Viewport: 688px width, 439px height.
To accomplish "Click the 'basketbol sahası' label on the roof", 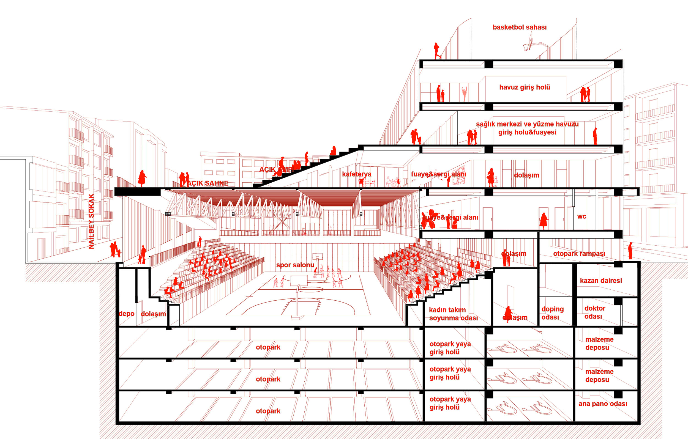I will [x=519, y=28].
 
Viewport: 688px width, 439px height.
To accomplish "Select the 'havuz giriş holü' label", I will [x=525, y=87].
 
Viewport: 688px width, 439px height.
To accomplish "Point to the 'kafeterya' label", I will [x=357, y=174].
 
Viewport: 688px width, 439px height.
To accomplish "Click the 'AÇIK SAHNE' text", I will [x=208, y=183].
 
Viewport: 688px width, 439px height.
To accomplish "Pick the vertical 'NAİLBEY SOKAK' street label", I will [x=91, y=221].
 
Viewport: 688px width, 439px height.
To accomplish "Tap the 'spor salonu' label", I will [x=295, y=265].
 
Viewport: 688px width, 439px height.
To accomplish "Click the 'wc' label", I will [x=581, y=216].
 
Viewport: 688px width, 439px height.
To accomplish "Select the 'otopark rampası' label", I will [x=579, y=253].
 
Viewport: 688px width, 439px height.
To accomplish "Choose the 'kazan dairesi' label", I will [x=601, y=281].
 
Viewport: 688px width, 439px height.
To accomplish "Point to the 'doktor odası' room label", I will [x=595, y=312].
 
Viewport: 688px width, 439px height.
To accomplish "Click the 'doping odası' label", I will [x=552, y=313].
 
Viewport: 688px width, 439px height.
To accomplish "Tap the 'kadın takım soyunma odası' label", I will [x=453, y=314].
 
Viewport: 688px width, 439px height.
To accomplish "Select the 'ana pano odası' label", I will [x=603, y=404].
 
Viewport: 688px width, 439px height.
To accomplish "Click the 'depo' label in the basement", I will [x=126, y=314].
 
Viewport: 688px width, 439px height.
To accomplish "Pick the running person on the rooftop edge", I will [x=437, y=51].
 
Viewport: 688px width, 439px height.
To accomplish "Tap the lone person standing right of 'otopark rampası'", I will [x=630, y=251].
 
